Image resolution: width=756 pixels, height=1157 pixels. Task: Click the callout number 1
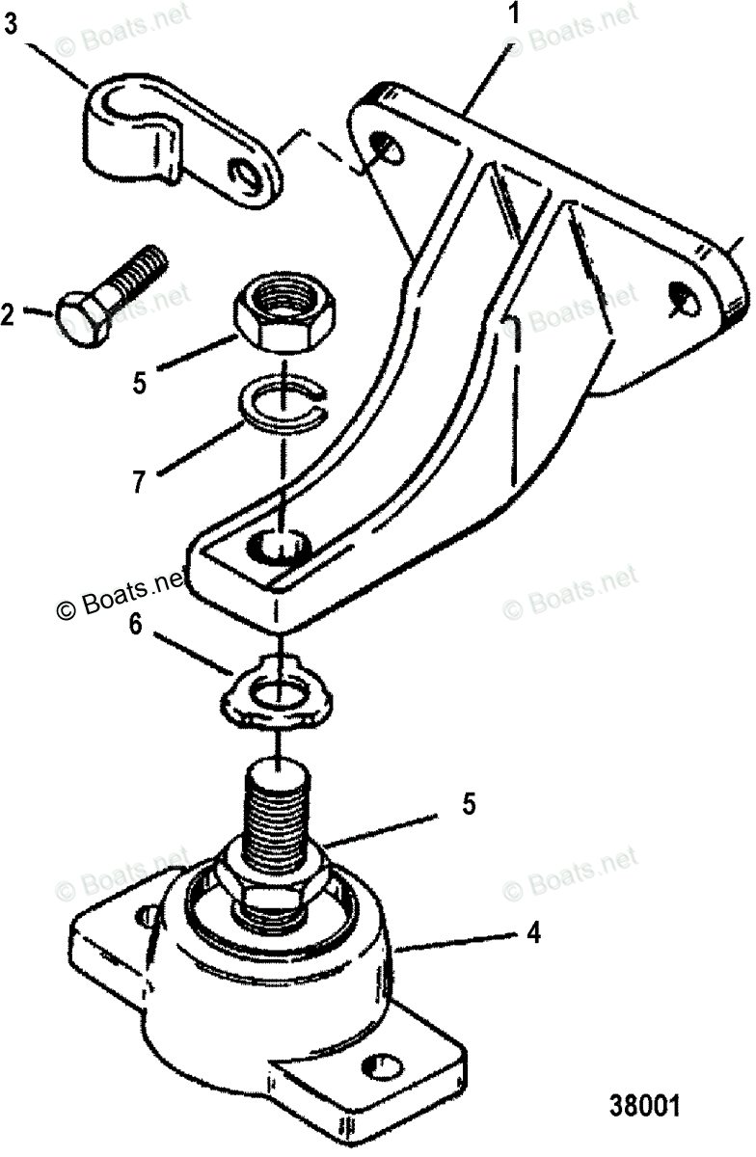[x=514, y=14]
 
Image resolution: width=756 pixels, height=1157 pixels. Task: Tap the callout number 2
[x=10, y=313]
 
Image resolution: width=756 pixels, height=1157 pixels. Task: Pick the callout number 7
[x=140, y=481]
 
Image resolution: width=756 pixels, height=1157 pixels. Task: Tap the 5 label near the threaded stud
[x=468, y=804]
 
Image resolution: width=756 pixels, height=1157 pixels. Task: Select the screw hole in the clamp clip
[x=254, y=175]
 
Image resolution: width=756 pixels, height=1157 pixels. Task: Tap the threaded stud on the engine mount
[x=278, y=810]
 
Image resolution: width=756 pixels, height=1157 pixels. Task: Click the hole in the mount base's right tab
[x=385, y=1068]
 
